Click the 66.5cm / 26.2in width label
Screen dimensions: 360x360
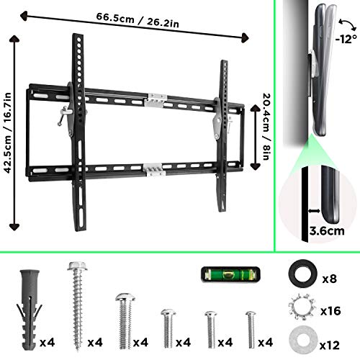click(x=138, y=20)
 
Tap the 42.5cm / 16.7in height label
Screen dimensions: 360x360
click(x=8, y=132)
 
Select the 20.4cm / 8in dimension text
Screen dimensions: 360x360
click(x=266, y=127)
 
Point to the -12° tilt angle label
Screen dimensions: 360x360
click(x=346, y=39)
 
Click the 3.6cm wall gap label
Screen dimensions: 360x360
click(x=327, y=231)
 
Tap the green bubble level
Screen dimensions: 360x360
click(x=230, y=274)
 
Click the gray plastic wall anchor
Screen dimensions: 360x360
click(x=30, y=310)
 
